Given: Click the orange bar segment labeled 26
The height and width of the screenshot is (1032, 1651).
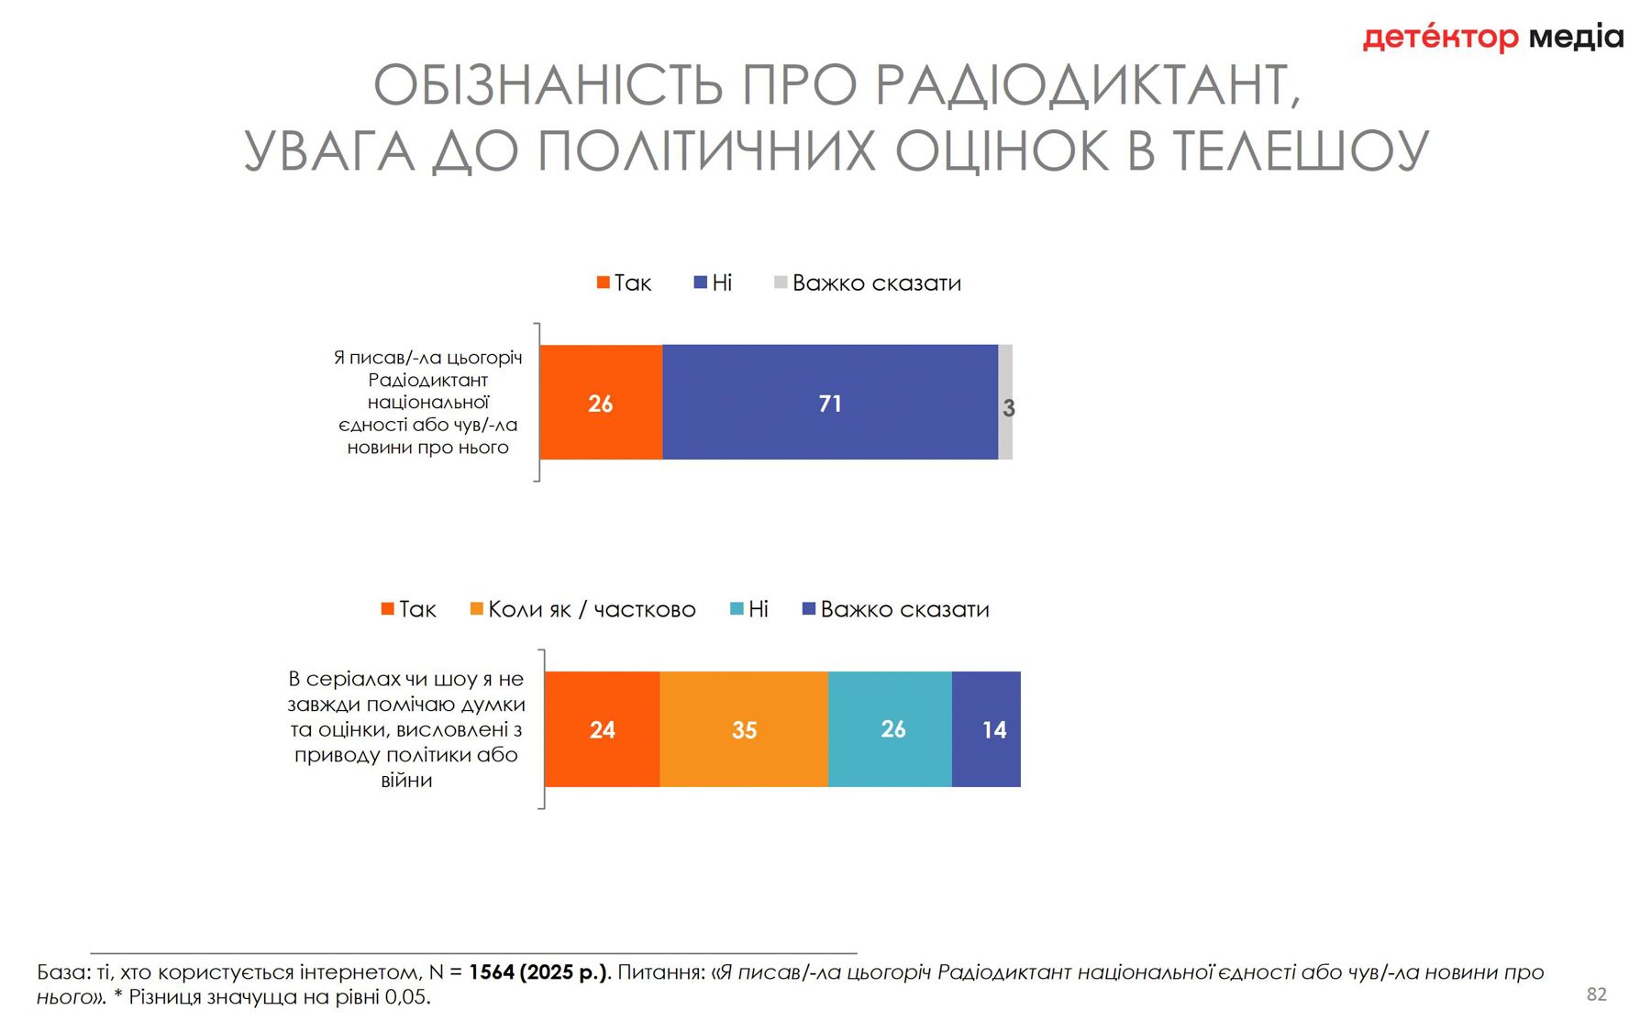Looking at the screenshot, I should click(601, 403).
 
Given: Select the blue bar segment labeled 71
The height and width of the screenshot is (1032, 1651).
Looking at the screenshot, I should click(829, 403).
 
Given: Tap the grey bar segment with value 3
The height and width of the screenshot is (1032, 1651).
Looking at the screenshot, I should click(1005, 404).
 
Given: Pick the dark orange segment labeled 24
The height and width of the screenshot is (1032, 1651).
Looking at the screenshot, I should click(602, 729).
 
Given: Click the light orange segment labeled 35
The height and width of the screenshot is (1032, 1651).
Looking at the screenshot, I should click(744, 729).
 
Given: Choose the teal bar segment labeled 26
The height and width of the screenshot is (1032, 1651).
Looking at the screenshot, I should click(891, 729).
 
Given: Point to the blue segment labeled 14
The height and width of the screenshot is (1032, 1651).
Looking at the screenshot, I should click(987, 729).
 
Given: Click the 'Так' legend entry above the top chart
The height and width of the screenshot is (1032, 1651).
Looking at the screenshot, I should click(625, 283).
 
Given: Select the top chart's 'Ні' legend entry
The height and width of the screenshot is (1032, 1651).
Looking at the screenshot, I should click(714, 283).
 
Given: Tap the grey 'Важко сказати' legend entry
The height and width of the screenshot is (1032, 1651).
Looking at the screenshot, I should click(868, 283).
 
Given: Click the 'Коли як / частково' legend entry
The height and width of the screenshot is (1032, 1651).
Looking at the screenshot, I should click(583, 609).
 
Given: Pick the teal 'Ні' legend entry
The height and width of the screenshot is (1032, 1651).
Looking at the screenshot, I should click(749, 609).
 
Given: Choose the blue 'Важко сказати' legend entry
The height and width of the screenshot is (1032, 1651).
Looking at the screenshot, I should click(896, 609).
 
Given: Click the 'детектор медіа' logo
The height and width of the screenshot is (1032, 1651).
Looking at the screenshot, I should click(1493, 38).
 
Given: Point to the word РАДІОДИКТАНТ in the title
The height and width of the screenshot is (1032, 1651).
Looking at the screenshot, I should click(1088, 85).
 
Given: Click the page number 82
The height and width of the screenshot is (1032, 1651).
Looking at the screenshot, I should click(1597, 993).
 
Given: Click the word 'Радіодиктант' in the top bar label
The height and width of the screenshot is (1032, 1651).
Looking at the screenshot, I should click(427, 380).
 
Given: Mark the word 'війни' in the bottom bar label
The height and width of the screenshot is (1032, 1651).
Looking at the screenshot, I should click(406, 781).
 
